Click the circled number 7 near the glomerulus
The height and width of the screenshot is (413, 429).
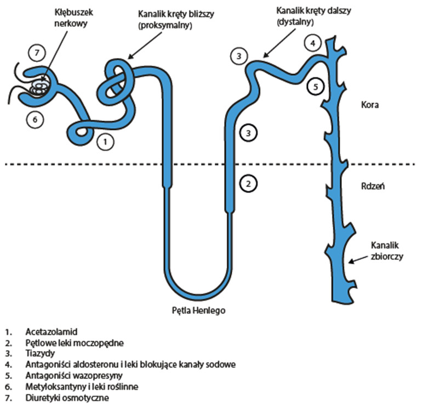pos(37,53)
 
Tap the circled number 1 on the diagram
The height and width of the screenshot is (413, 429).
pos(105,143)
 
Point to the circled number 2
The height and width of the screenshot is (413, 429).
pos(249,183)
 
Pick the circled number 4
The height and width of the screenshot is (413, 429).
pos(312,43)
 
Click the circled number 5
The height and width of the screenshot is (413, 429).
pos(314,85)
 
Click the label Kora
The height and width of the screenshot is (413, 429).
pos(370,104)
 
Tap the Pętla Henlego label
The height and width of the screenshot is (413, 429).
pos(198,309)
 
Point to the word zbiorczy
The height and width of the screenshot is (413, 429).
pos(387,256)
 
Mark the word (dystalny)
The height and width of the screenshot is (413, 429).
pos(295,23)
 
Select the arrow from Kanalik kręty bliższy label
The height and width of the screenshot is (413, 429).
pos(141,47)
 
